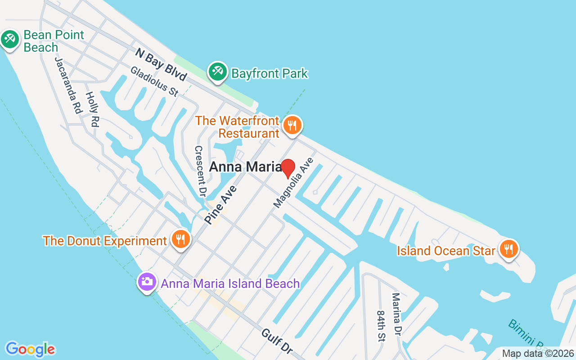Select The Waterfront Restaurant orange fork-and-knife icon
[292, 126]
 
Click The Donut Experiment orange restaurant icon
[180, 239]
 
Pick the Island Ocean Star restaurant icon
[508, 249]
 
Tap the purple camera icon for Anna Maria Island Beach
[147, 282]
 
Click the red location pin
[288, 168]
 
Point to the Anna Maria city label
[245, 167]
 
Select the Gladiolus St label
[154, 81]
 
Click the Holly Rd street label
[92, 109]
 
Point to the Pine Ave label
[220, 205]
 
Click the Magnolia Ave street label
[293, 182]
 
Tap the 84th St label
[381, 325]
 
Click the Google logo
[30, 349]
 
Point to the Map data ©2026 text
[538, 354]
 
